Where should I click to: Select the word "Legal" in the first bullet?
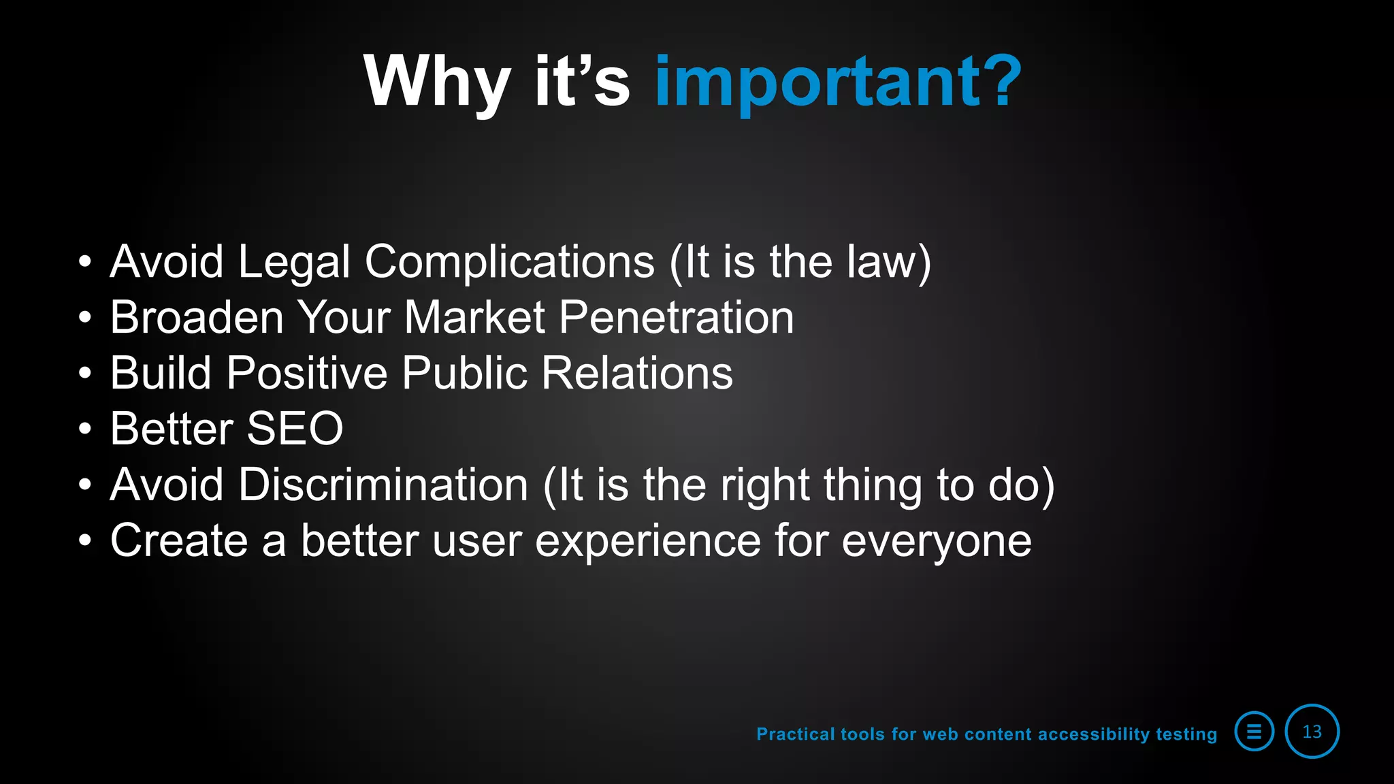pos(294,262)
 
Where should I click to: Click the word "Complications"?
pos(510,262)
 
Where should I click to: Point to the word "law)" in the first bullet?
pos(889,262)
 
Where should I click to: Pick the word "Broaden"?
pos(197,318)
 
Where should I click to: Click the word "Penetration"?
pos(677,318)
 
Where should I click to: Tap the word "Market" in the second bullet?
pos(474,318)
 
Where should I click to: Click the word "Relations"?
pos(637,374)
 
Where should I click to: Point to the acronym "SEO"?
pos(295,429)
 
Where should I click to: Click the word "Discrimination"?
pos(383,485)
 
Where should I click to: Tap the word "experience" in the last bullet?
pos(647,541)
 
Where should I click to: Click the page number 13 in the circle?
pos(1312,732)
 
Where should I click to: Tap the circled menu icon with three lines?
pos(1254,732)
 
